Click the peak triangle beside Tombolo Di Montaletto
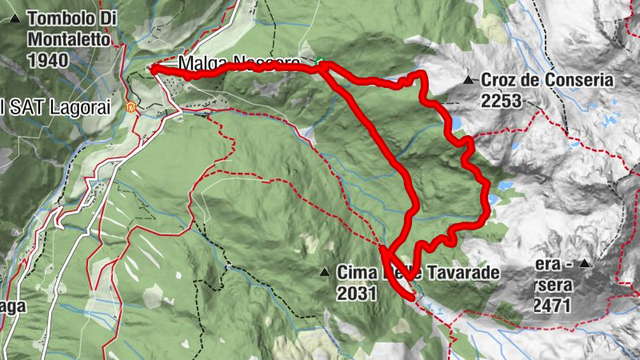click(14, 17)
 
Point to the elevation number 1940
click(47, 60)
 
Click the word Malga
click(198, 62)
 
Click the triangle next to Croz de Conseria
click(469, 80)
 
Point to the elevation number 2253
click(502, 101)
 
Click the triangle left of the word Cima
click(325, 273)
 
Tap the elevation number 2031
click(357, 294)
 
